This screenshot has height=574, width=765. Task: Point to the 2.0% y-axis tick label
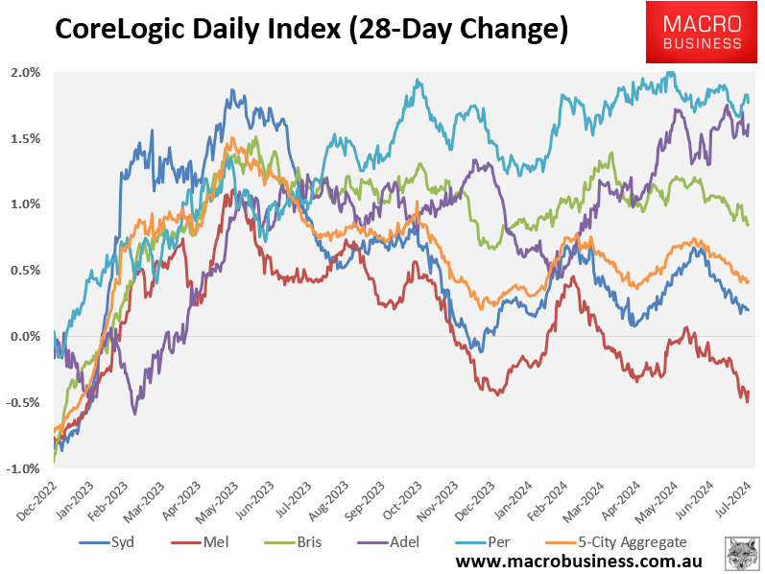pos(26,73)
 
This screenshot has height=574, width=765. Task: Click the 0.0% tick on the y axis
pos(26,337)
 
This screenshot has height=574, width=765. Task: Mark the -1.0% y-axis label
pos(24,468)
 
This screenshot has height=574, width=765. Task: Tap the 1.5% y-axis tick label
pos(26,139)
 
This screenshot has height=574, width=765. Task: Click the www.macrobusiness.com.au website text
pos(577,561)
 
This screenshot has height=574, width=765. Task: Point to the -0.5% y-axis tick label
pos(24,403)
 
